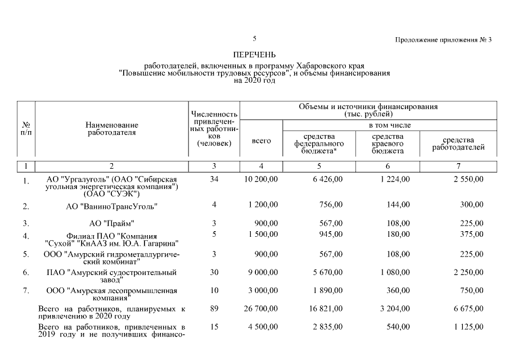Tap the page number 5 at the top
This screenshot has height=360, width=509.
255,39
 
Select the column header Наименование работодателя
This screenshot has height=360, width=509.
112,128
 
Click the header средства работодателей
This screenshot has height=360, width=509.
458,144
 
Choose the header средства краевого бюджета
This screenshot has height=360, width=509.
388,143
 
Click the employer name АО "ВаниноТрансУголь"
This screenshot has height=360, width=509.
112,206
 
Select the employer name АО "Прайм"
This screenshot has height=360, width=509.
112,223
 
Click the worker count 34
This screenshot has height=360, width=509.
214,179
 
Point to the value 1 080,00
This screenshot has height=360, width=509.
395,272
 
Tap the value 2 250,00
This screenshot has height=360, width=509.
468,272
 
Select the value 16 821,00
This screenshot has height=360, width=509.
326,308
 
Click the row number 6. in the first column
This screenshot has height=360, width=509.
26,273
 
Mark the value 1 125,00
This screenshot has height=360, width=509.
468,326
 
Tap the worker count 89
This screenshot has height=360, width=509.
214,308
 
